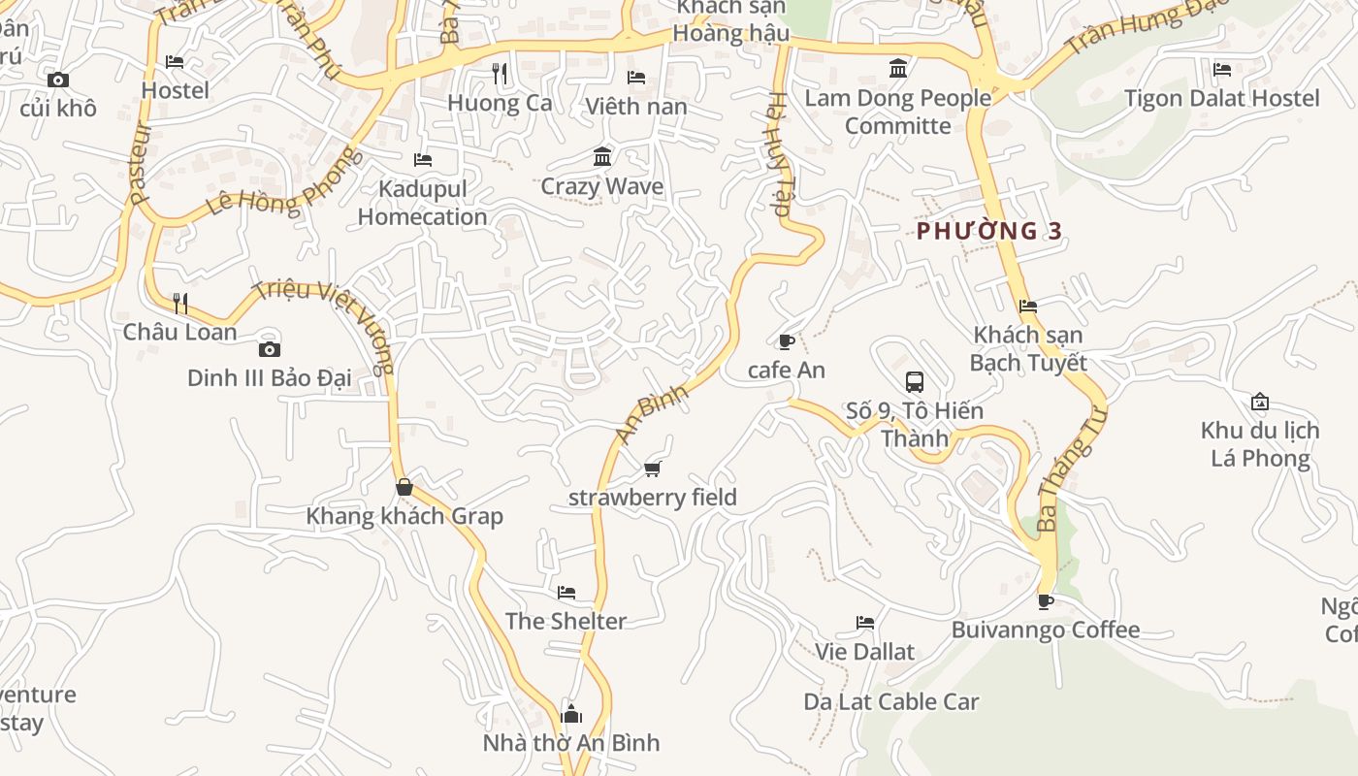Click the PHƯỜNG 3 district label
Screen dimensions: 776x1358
pyautogui.click(x=989, y=231)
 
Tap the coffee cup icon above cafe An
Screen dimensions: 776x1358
pyautogui.click(x=787, y=341)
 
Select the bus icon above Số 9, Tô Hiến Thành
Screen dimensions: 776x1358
pyautogui.click(x=915, y=381)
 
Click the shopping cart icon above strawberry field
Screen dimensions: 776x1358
pyautogui.click(x=652, y=469)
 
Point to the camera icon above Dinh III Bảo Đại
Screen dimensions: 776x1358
pyautogui.click(x=270, y=349)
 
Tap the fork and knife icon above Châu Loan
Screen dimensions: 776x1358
pyautogui.click(x=180, y=304)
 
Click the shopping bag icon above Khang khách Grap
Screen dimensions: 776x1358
pyautogui.click(x=404, y=487)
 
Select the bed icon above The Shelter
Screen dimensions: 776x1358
pyautogui.click(x=566, y=592)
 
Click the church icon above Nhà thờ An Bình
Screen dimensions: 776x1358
pyautogui.click(x=571, y=715)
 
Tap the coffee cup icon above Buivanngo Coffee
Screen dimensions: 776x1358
pyautogui.click(x=1046, y=601)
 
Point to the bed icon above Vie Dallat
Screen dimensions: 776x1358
pyautogui.click(x=865, y=623)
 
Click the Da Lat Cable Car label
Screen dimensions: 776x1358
pyautogui.click(x=891, y=702)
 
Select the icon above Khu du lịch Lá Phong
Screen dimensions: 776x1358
pyautogui.click(x=1260, y=402)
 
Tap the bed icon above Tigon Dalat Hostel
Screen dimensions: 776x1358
pyautogui.click(x=1222, y=70)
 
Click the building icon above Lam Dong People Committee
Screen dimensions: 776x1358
pyautogui.click(x=898, y=69)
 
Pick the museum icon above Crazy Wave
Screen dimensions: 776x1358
pyautogui.click(x=602, y=157)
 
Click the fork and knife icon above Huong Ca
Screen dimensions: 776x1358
pyautogui.click(x=500, y=74)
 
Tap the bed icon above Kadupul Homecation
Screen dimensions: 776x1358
pyautogui.click(x=423, y=160)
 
